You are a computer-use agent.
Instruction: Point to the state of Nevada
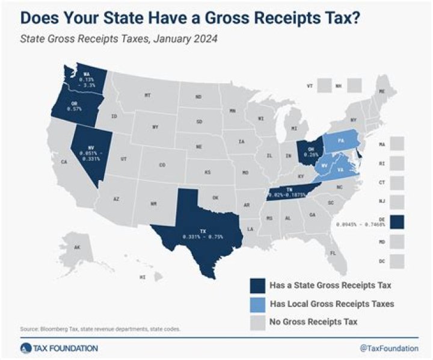pos(88,154)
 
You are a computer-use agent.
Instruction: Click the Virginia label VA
pos(340,170)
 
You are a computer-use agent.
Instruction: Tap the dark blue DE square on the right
pos(397,222)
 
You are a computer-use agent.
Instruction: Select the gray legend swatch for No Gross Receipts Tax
pos(259,322)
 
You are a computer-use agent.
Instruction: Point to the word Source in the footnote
pos(27,329)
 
